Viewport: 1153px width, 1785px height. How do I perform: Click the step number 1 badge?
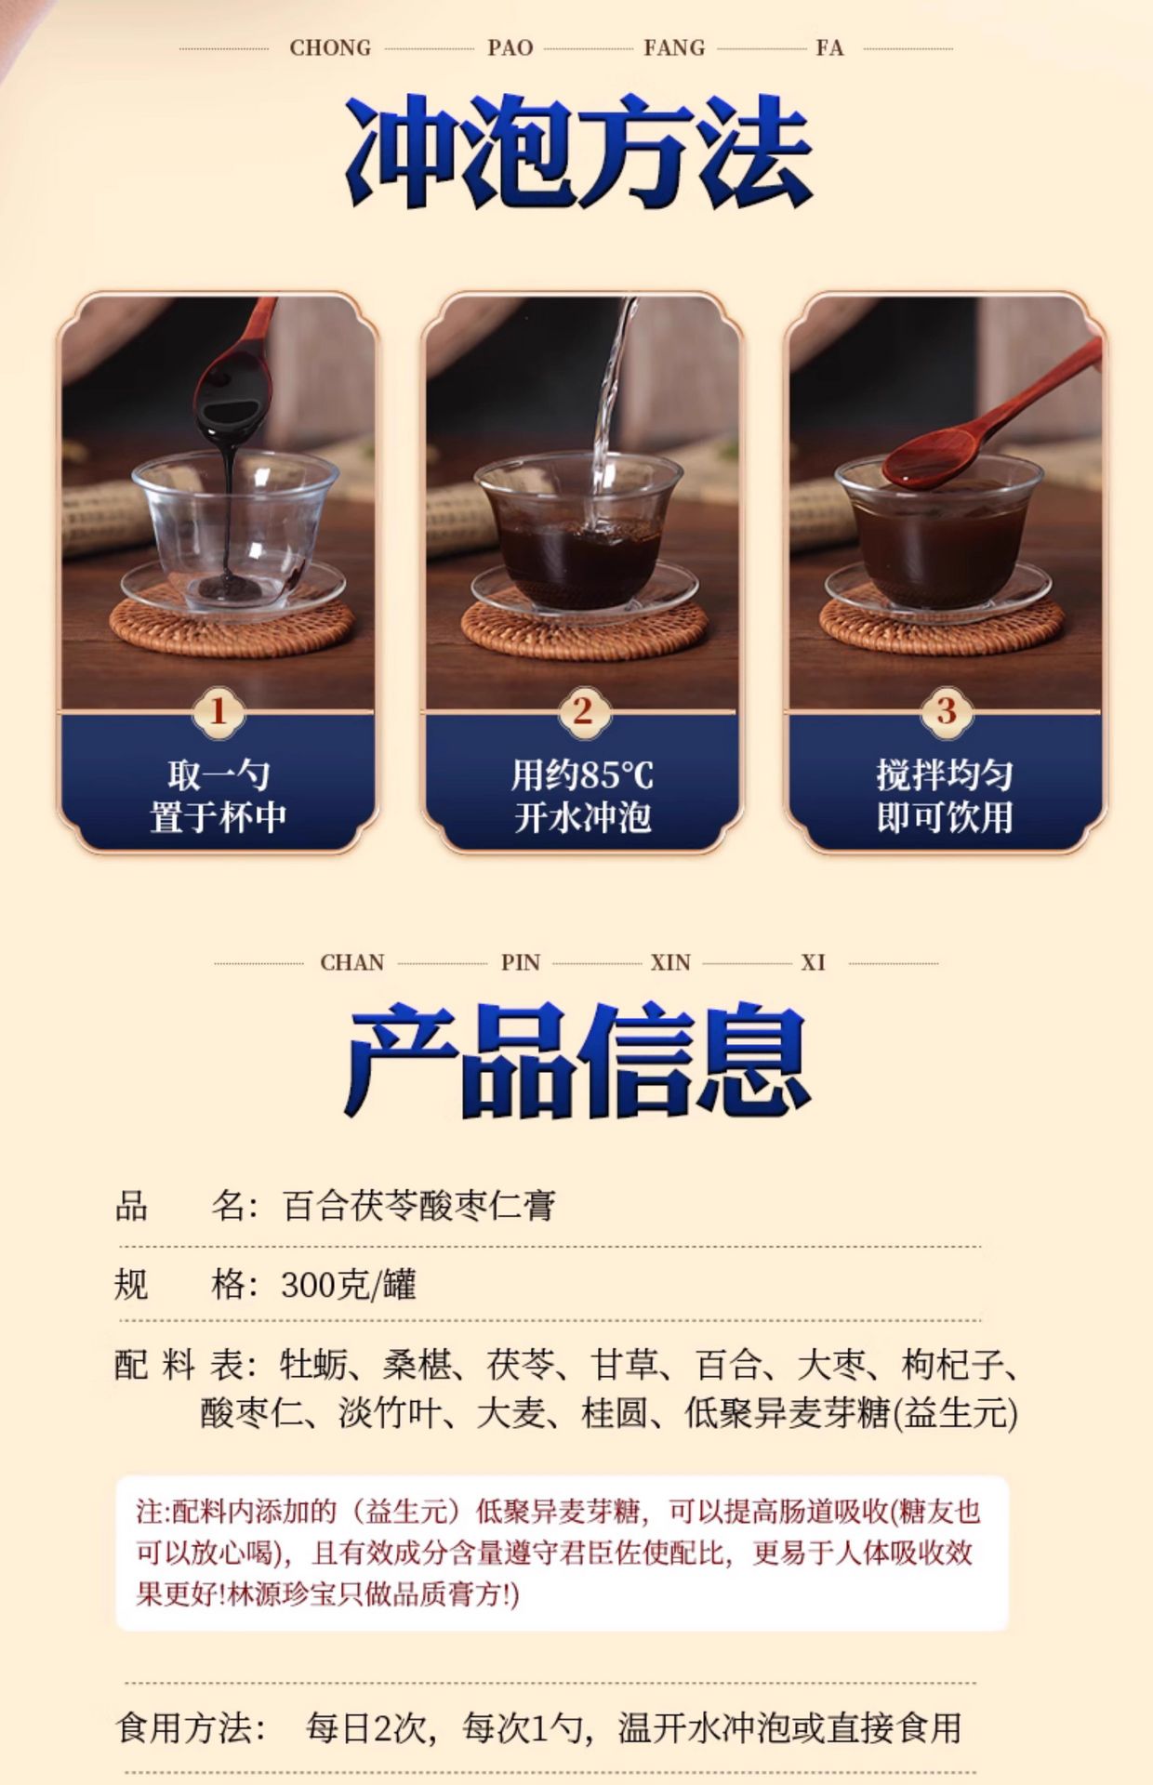(218, 711)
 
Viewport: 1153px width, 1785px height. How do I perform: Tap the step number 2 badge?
(582, 711)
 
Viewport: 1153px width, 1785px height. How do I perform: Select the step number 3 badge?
(946, 711)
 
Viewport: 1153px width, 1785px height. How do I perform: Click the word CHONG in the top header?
(330, 47)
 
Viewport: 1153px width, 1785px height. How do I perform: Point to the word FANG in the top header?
(674, 47)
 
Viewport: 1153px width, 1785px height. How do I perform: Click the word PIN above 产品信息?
(521, 962)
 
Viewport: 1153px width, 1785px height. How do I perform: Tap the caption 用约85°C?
(582, 774)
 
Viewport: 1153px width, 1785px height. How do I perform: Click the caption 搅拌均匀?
(945, 774)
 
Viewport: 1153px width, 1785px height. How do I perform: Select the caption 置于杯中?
(218, 817)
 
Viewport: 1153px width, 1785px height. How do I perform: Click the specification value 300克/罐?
(349, 1285)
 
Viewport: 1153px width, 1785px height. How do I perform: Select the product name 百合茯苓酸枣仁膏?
(419, 1206)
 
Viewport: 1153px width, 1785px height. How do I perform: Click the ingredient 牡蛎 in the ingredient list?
(313, 1365)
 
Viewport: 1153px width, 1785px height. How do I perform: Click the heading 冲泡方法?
(578, 151)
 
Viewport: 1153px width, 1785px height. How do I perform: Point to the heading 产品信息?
(576, 1060)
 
